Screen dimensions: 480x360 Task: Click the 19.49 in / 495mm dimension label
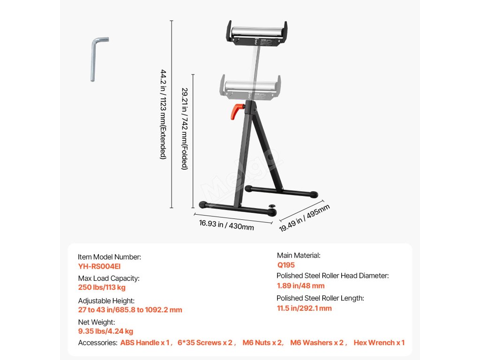tap(305, 217)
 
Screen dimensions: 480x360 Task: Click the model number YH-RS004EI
tap(99, 266)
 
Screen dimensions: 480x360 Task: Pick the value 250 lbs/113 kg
tap(102, 287)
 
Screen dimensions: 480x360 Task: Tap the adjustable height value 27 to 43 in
tap(130, 310)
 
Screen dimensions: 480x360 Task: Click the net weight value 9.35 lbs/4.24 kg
tap(105, 331)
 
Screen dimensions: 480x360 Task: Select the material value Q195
tap(286, 265)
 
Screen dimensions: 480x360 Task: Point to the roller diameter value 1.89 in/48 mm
tap(300, 285)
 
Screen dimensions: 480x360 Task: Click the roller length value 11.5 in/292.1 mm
tap(304, 308)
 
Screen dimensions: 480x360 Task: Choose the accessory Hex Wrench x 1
tap(379, 343)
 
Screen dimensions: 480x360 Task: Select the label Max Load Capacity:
tap(109, 278)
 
